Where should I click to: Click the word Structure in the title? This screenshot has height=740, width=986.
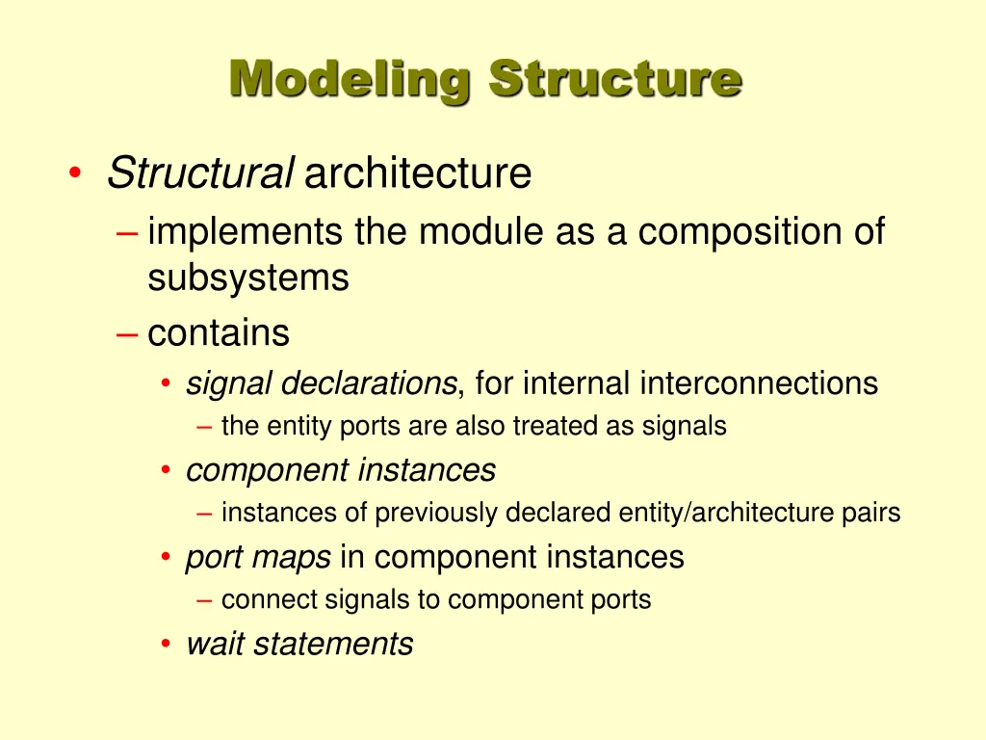click(614, 78)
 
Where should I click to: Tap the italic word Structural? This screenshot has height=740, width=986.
click(199, 174)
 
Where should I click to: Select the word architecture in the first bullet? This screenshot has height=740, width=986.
click(418, 174)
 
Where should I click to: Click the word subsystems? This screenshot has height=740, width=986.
click(247, 278)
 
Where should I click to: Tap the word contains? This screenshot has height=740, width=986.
click(219, 333)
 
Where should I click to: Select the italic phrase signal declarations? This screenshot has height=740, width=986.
click(321, 383)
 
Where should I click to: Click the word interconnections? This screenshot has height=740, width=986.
click(759, 383)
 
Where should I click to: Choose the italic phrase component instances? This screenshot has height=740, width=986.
click(341, 470)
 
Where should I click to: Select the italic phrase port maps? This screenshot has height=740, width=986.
click(258, 557)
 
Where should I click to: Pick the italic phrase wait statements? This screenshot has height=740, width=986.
click(299, 644)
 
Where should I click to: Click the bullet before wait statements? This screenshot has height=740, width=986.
click(167, 645)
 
